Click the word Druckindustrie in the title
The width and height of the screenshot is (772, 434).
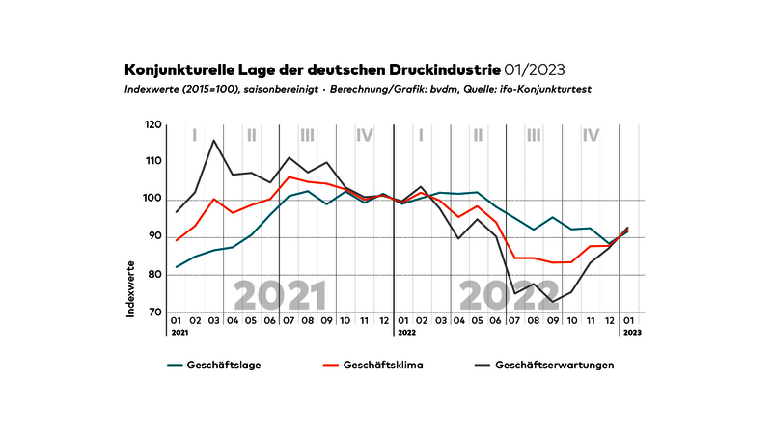[443, 69]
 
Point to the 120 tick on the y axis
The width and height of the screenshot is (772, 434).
[152, 125]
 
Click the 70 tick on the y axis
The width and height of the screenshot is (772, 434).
[154, 312]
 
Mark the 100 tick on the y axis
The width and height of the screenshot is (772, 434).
[152, 200]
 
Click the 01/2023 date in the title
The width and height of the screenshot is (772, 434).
[534, 69]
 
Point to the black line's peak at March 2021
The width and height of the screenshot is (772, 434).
[213, 141]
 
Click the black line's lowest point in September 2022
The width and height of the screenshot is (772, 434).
[553, 302]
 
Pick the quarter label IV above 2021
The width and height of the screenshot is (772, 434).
[365, 135]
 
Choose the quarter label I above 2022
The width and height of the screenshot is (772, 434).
[422, 135]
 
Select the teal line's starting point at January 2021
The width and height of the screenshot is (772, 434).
[177, 267]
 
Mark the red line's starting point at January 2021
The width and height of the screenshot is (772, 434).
[177, 240]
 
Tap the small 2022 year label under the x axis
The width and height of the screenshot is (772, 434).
[406, 332]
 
